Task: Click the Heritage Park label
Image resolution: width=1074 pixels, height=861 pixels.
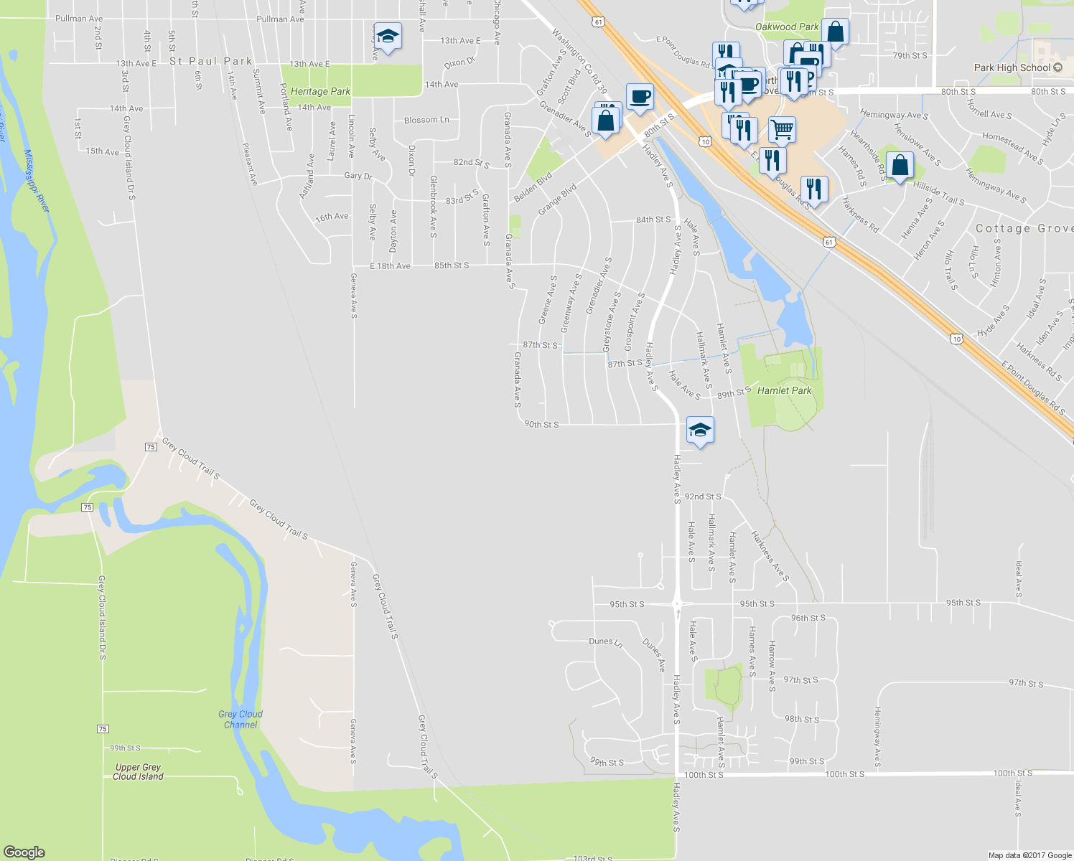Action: tap(320, 91)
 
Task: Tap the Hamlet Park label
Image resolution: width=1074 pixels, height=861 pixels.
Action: tap(784, 390)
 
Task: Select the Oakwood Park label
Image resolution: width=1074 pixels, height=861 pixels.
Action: tap(787, 27)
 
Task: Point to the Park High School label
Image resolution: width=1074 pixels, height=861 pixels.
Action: tap(1012, 67)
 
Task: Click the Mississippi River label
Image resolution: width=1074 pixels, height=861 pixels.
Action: tap(37, 180)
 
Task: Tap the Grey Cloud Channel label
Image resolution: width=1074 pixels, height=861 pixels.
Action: tap(241, 719)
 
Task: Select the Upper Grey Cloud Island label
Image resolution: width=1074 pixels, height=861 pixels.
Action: tap(138, 771)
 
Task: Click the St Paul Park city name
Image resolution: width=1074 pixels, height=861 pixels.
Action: tap(210, 61)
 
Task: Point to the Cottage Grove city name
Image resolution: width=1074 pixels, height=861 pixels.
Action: tap(1024, 228)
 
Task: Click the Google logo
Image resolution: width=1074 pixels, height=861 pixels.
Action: tap(24, 852)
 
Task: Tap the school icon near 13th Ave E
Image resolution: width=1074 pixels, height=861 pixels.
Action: tap(387, 36)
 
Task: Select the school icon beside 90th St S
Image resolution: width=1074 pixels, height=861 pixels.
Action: tap(700, 430)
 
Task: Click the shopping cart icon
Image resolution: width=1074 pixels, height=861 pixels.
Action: tap(782, 130)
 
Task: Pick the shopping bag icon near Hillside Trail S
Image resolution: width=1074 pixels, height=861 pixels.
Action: tap(900, 165)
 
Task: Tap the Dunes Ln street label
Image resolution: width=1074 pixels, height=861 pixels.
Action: tap(604, 641)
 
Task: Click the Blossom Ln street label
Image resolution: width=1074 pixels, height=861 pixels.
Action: tap(426, 120)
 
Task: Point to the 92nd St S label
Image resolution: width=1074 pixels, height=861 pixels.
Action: tap(702, 497)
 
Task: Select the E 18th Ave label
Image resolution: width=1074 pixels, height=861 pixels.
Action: tap(390, 266)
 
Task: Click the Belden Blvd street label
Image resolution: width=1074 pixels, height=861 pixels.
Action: tap(533, 187)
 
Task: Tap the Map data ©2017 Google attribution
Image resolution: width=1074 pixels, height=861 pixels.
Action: tap(1029, 855)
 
